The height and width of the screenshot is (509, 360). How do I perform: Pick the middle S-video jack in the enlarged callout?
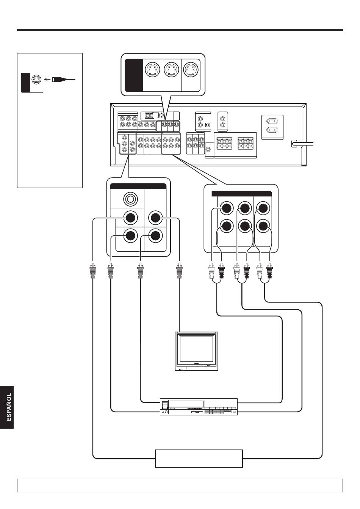tap(172, 69)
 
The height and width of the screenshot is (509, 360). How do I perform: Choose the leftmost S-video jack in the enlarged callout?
tap(153, 69)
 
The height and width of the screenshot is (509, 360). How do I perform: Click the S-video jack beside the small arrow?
tap(36, 80)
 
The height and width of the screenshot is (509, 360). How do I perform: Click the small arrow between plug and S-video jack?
tap(47, 79)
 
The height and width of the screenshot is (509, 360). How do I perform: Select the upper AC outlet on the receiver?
tap(272, 121)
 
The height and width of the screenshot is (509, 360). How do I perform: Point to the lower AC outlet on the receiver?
tap(272, 130)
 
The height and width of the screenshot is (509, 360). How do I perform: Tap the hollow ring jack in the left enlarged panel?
tap(130, 199)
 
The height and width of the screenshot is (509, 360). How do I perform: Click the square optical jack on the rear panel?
tap(207, 125)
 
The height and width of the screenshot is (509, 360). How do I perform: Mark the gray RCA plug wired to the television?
tap(180, 270)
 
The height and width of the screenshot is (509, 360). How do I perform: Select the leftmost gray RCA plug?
tap(93, 270)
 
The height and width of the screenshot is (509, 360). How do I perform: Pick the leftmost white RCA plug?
tap(211, 270)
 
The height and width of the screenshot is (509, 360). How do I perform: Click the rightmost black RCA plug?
tap(269, 270)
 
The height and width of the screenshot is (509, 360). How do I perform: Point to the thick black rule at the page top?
tap(180, 30)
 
